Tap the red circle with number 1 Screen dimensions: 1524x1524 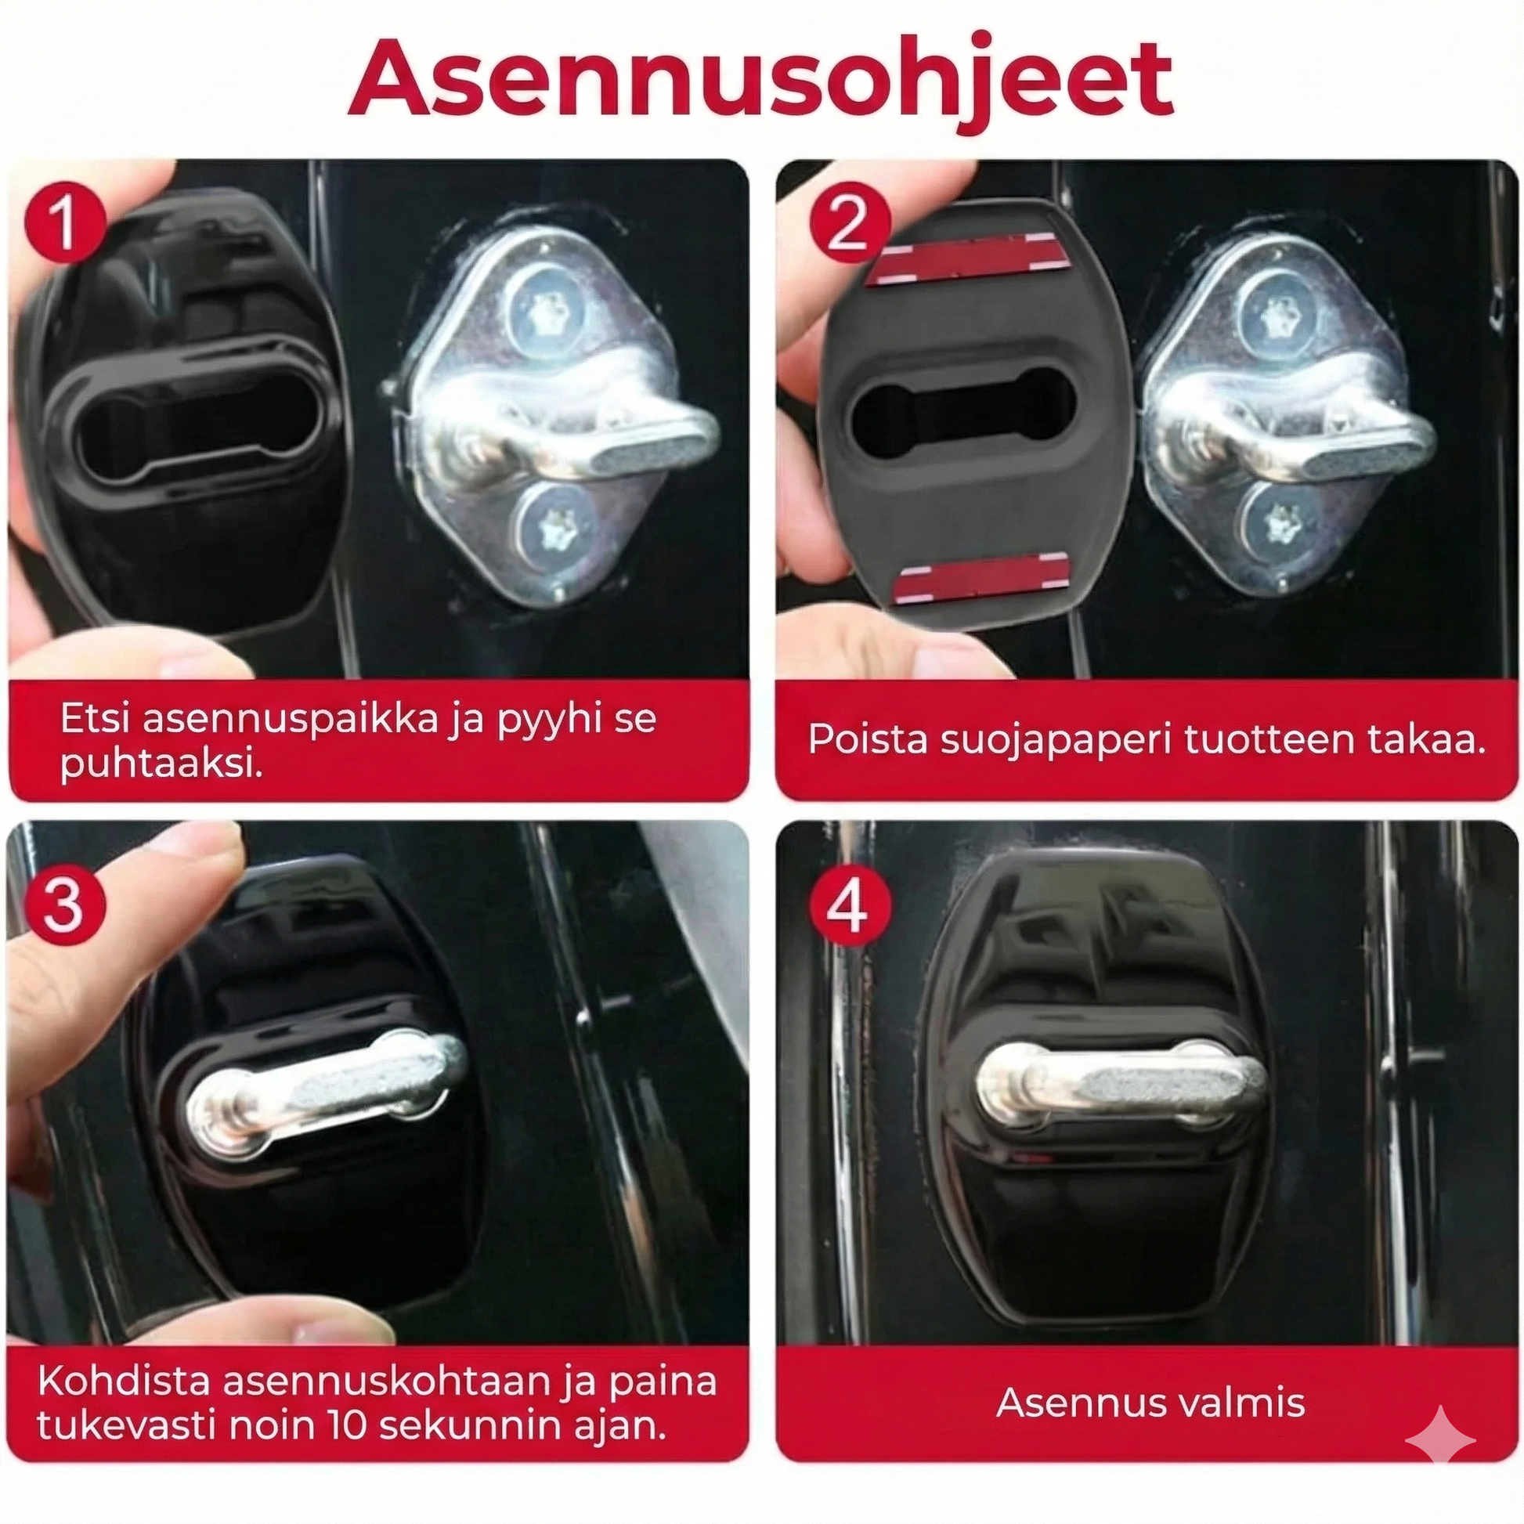click(66, 222)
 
